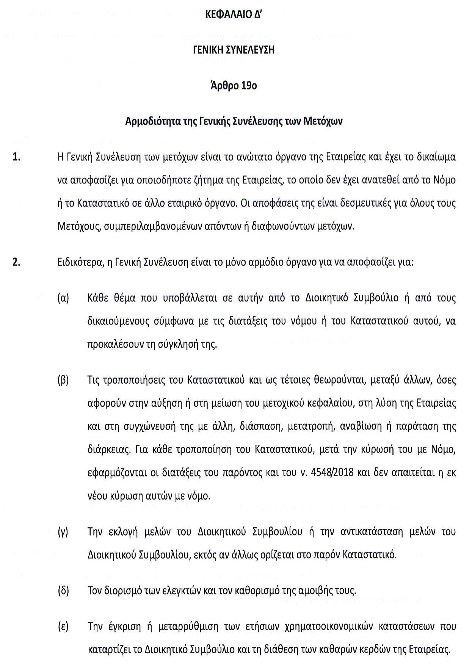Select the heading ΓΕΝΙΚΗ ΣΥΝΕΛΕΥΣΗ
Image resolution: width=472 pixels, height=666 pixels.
click(234, 50)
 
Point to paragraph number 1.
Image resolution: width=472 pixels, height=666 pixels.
click(16, 157)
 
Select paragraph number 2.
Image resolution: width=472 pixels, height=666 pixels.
click(16, 262)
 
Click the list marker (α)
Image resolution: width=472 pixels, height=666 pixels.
click(63, 298)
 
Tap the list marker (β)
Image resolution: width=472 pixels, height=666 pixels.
click(63, 380)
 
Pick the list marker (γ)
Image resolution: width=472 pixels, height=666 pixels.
click(63, 532)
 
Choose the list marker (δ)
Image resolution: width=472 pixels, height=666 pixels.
click(63, 591)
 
